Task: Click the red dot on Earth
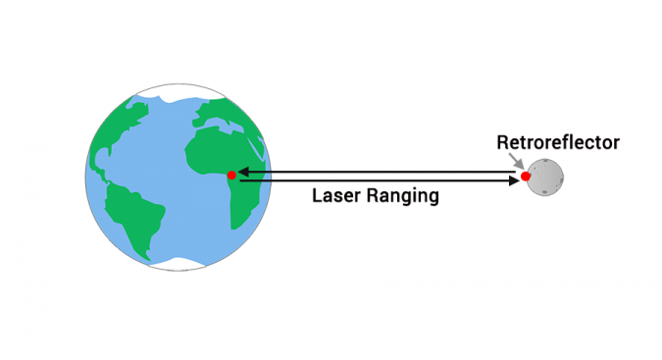[231, 175]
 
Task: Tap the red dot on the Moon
[526, 176]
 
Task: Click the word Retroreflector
[557, 143]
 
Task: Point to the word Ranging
[402, 196]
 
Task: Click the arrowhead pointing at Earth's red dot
[242, 172]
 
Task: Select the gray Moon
[545, 178]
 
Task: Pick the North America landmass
[123, 137]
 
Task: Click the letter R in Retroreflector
[501, 143]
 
